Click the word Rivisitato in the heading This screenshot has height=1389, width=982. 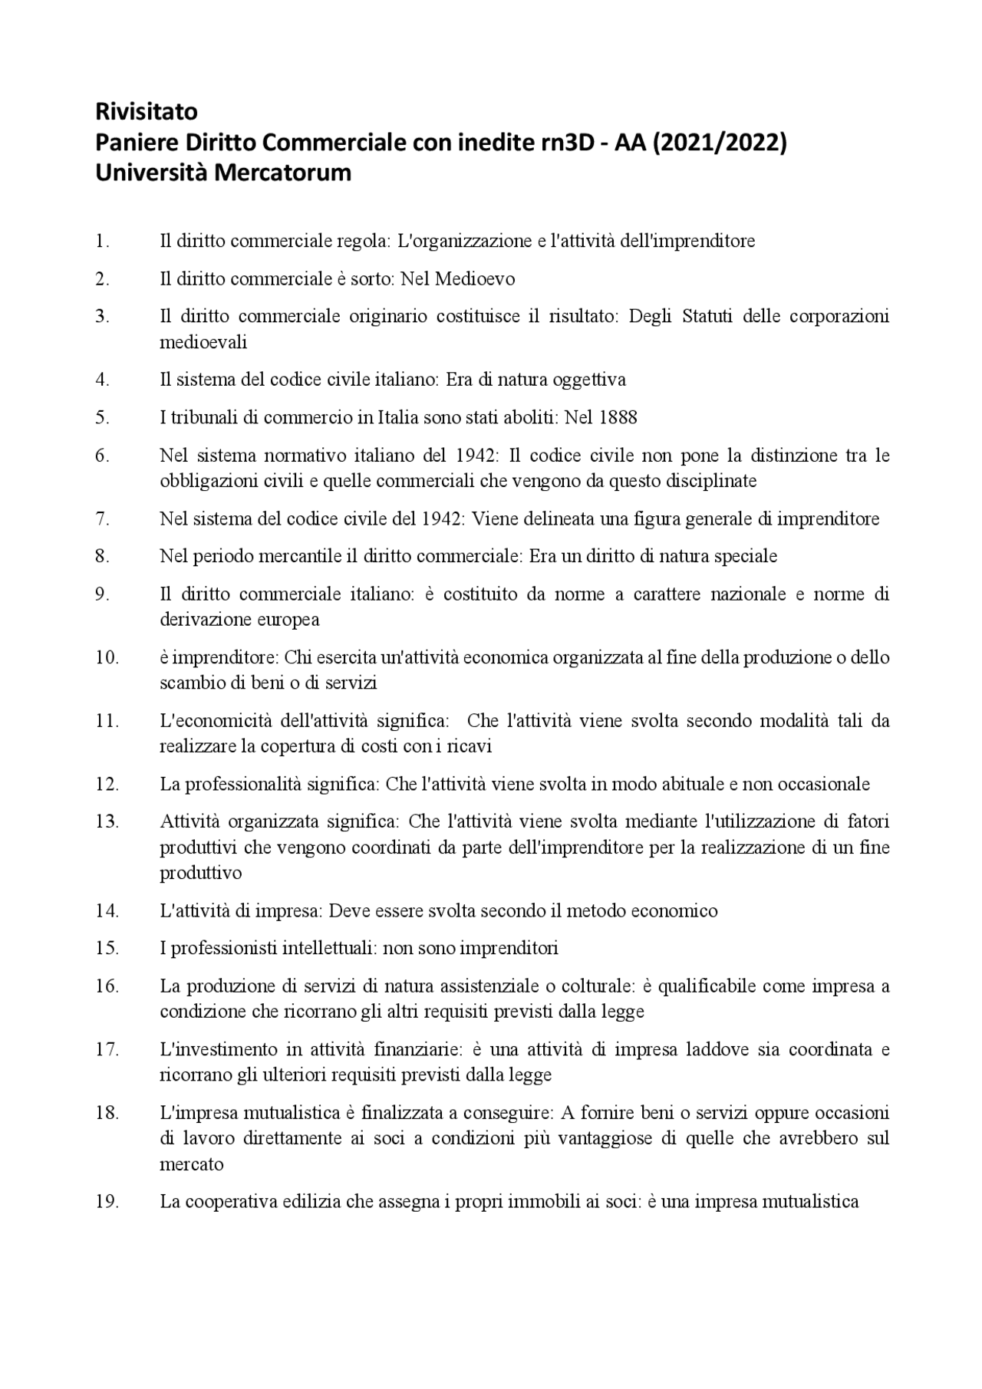(x=146, y=112)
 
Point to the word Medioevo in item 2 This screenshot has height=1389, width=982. (x=475, y=279)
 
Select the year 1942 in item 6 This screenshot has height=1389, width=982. (x=476, y=456)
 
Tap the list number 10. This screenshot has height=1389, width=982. (x=107, y=657)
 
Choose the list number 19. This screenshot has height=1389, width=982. (x=107, y=1201)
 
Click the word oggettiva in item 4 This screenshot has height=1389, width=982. (x=589, y=380)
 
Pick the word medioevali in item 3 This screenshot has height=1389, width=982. (x=203, y=342)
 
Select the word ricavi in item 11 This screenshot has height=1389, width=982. (x=470, y=746)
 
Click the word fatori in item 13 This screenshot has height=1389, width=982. (x=868, y=821)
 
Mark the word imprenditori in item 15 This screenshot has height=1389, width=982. (x=509, y=948)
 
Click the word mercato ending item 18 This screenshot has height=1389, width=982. (x=191, y=1164)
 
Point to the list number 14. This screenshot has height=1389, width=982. (x=107, y=910)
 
